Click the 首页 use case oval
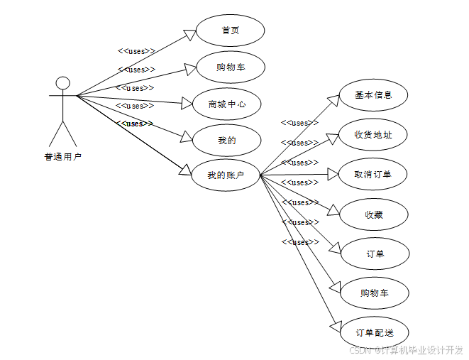[229, 31]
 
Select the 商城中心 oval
[227, 104]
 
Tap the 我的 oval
[227, 140]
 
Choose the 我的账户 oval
[226, 175]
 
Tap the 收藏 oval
[373, 214]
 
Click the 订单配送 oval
[373, 332]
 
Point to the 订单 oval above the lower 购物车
[374, 253]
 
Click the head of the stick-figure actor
[63, 82]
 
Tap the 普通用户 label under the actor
[63, 157]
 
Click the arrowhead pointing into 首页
[189, 35]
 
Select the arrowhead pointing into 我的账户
[185, 169]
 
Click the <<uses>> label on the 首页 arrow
[136, 51]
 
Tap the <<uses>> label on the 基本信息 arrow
[299, 123]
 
